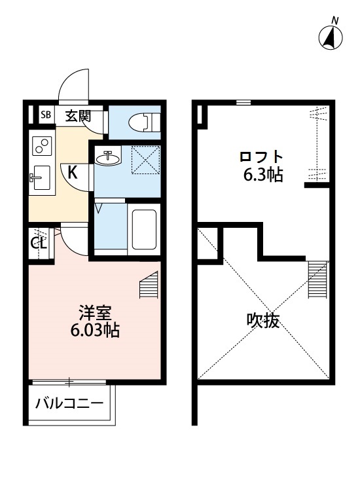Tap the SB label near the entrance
point(46,116)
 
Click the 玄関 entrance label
point(77,117)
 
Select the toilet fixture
point(143,122)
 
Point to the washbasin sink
point(109,158)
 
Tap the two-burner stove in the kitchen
point(41,145)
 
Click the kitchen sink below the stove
point(41,175)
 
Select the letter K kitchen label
point(73,173)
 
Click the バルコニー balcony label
point(69,402)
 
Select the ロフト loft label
point(262,157)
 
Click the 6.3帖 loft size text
point(262,175)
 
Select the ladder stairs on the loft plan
point(317,278)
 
